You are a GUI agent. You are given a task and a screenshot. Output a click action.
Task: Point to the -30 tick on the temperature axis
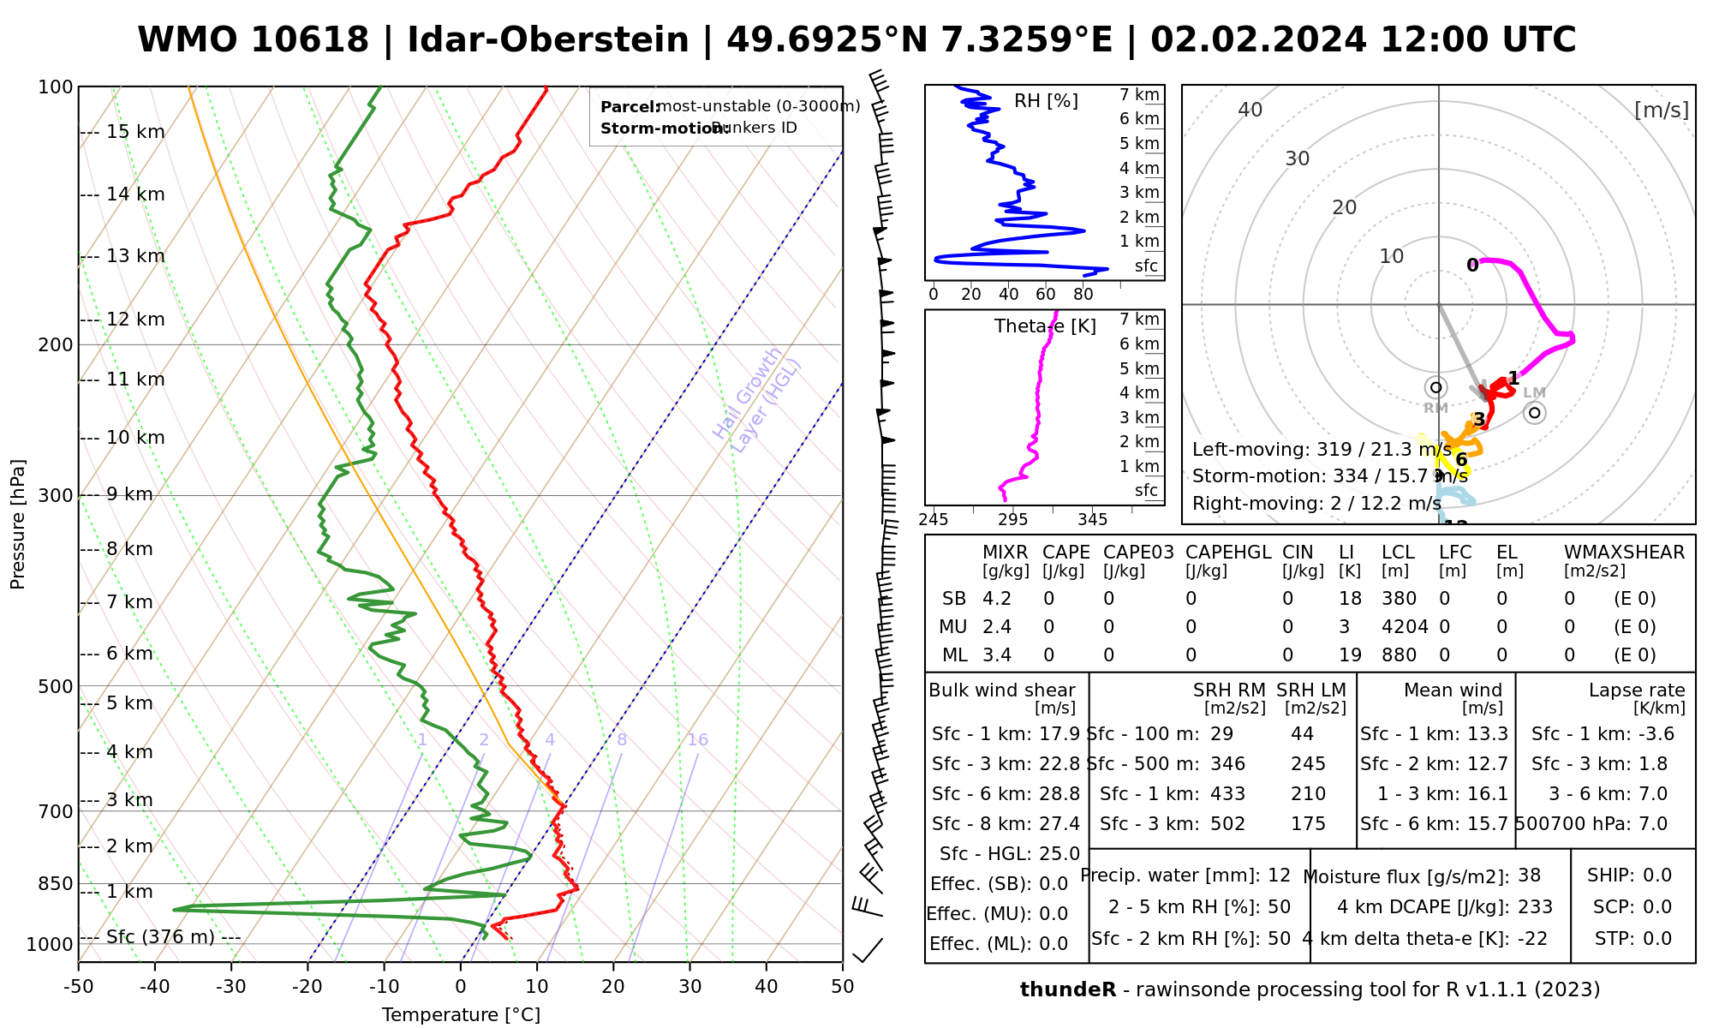(231, 987)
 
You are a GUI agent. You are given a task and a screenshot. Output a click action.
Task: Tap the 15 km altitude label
(135, 132)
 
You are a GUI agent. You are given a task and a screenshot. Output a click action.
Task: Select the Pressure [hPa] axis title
(18, 524)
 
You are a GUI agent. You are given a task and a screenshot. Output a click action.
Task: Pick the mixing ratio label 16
(698, 740)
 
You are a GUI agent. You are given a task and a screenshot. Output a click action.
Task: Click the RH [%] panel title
(1046, 101)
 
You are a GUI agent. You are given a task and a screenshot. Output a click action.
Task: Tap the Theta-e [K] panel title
(1045, 326)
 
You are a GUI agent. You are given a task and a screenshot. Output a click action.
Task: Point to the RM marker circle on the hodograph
(1436, 388)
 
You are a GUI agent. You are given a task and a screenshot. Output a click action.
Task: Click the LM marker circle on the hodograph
(1535, 413)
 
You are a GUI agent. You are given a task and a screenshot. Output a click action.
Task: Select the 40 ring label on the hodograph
(1250, 110)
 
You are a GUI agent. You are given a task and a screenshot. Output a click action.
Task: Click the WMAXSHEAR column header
(1624, 553)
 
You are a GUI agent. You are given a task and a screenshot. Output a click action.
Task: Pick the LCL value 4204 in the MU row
(1405, 627)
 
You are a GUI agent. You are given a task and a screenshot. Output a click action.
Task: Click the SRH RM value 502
(1227, 824)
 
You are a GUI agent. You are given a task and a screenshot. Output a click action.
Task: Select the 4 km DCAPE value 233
(1535, 907)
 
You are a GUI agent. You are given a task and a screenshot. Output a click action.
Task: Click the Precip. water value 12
(1279, 876)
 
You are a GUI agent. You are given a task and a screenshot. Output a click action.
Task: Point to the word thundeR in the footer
(1068, 990)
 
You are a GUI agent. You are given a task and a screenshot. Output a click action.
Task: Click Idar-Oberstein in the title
(548, 40)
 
